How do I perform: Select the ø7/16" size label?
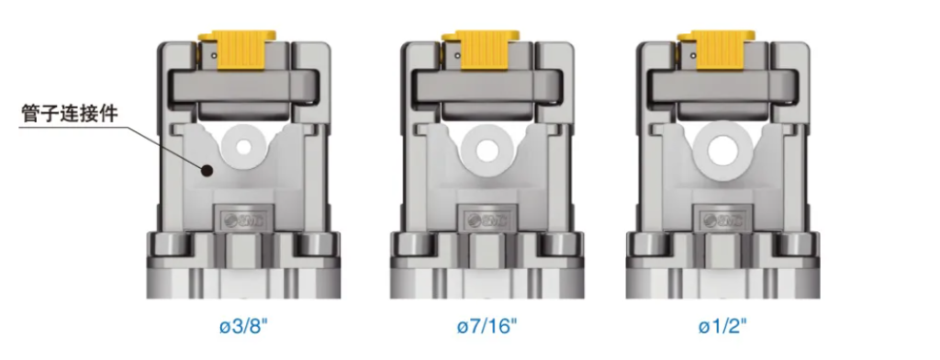[x=487, y=328]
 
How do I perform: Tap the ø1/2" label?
[x=723, y=328]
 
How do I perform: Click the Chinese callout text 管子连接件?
[x=70, y=114]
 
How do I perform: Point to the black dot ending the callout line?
[x=207, y=171]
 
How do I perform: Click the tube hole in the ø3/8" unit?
[x=243, y=147]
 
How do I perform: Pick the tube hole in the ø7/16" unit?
[x=487, y=146]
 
